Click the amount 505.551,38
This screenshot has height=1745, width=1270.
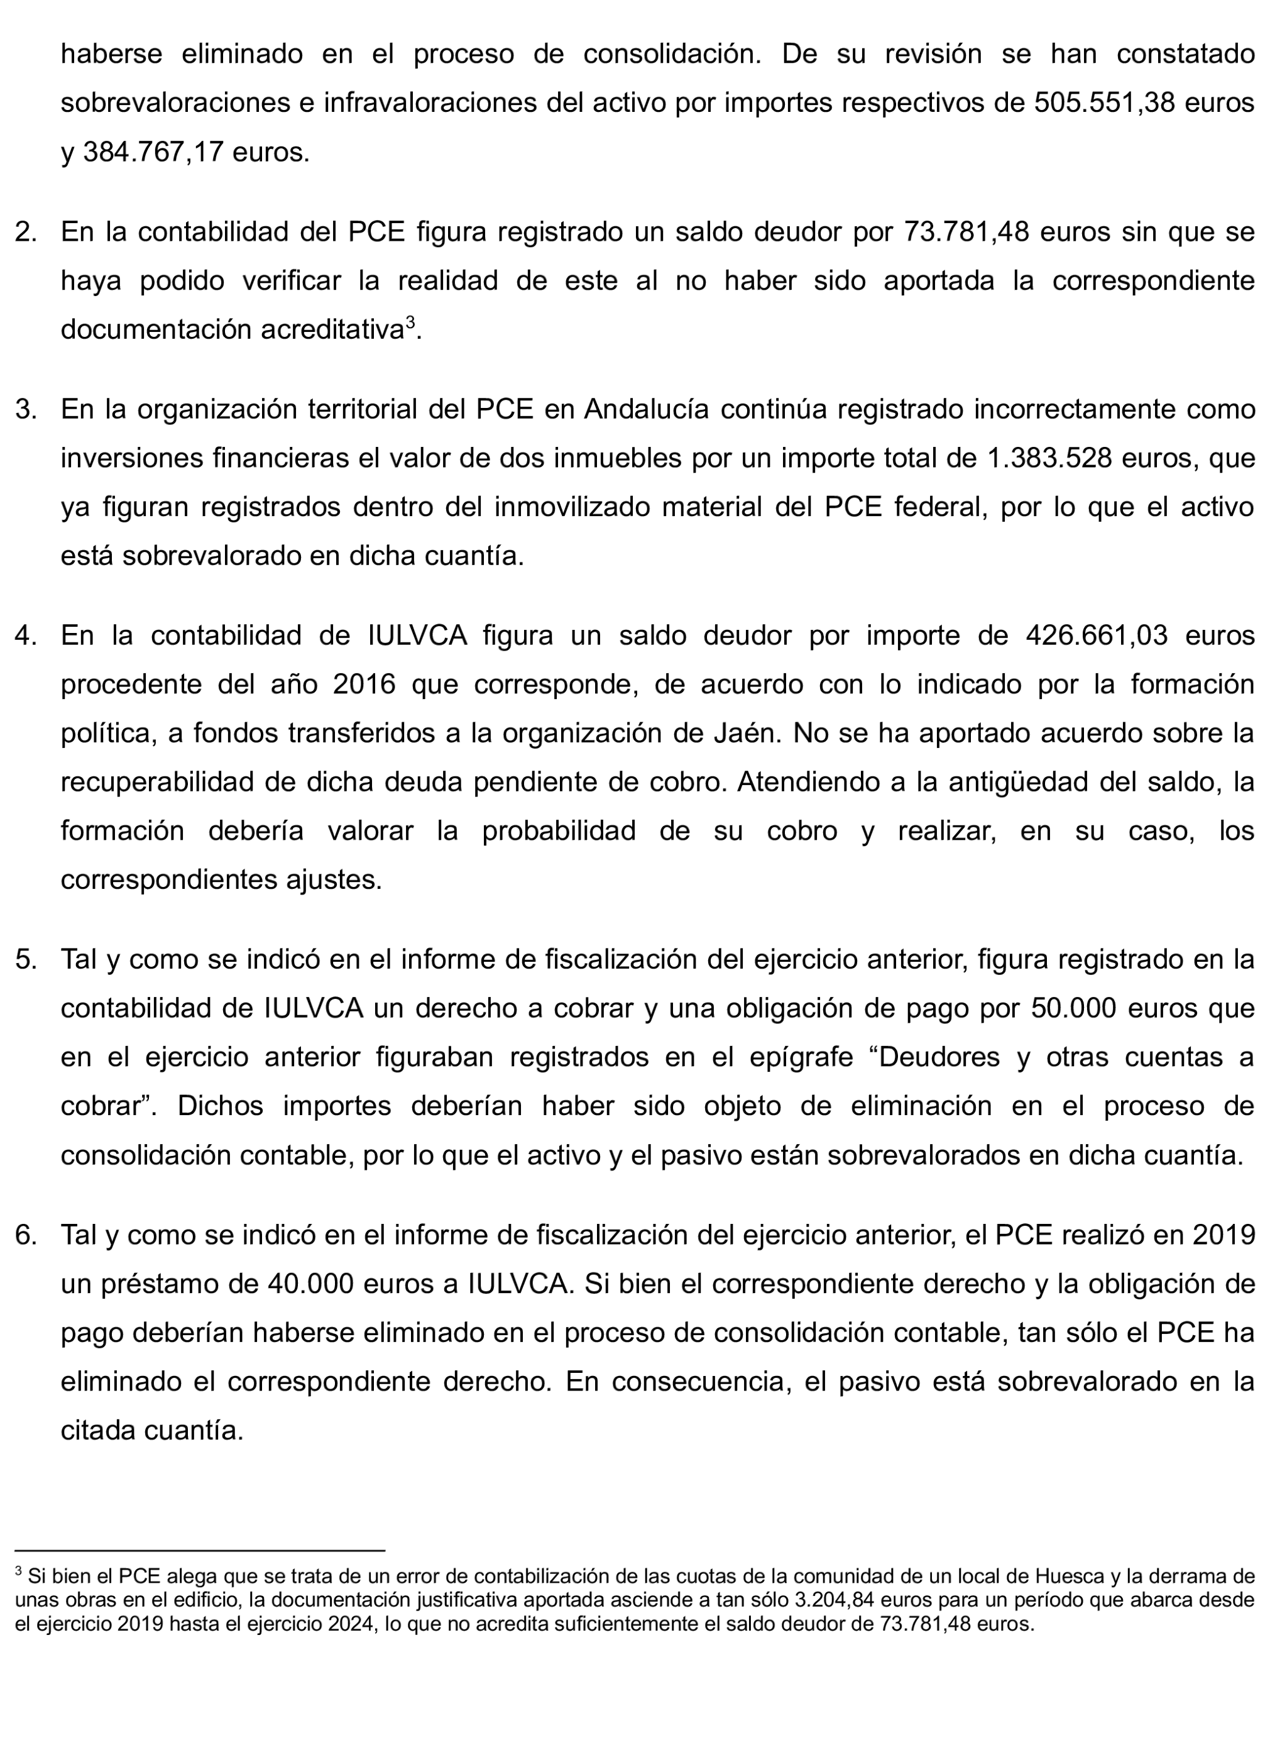pos(1104,102)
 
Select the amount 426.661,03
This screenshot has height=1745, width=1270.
pos(1096,635)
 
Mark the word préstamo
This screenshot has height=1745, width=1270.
pos(161,1284)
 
